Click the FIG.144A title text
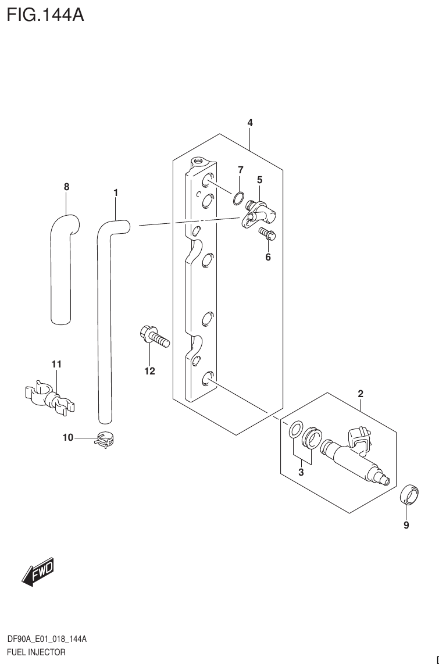click(45, 15)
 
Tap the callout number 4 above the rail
click(250, 123)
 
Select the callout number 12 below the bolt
click(150, 371)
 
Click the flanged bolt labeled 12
click(154, 337)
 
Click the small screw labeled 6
click(267, 235)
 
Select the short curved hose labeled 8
click(62, 267)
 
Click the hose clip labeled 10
click(105, 441)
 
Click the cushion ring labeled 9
click(411, 494)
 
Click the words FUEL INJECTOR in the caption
click(36, 652)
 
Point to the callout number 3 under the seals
click(301, 473)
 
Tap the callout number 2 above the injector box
click(361, 394)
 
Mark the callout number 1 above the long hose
click(116, 192)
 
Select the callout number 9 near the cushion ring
click(406, 526)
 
